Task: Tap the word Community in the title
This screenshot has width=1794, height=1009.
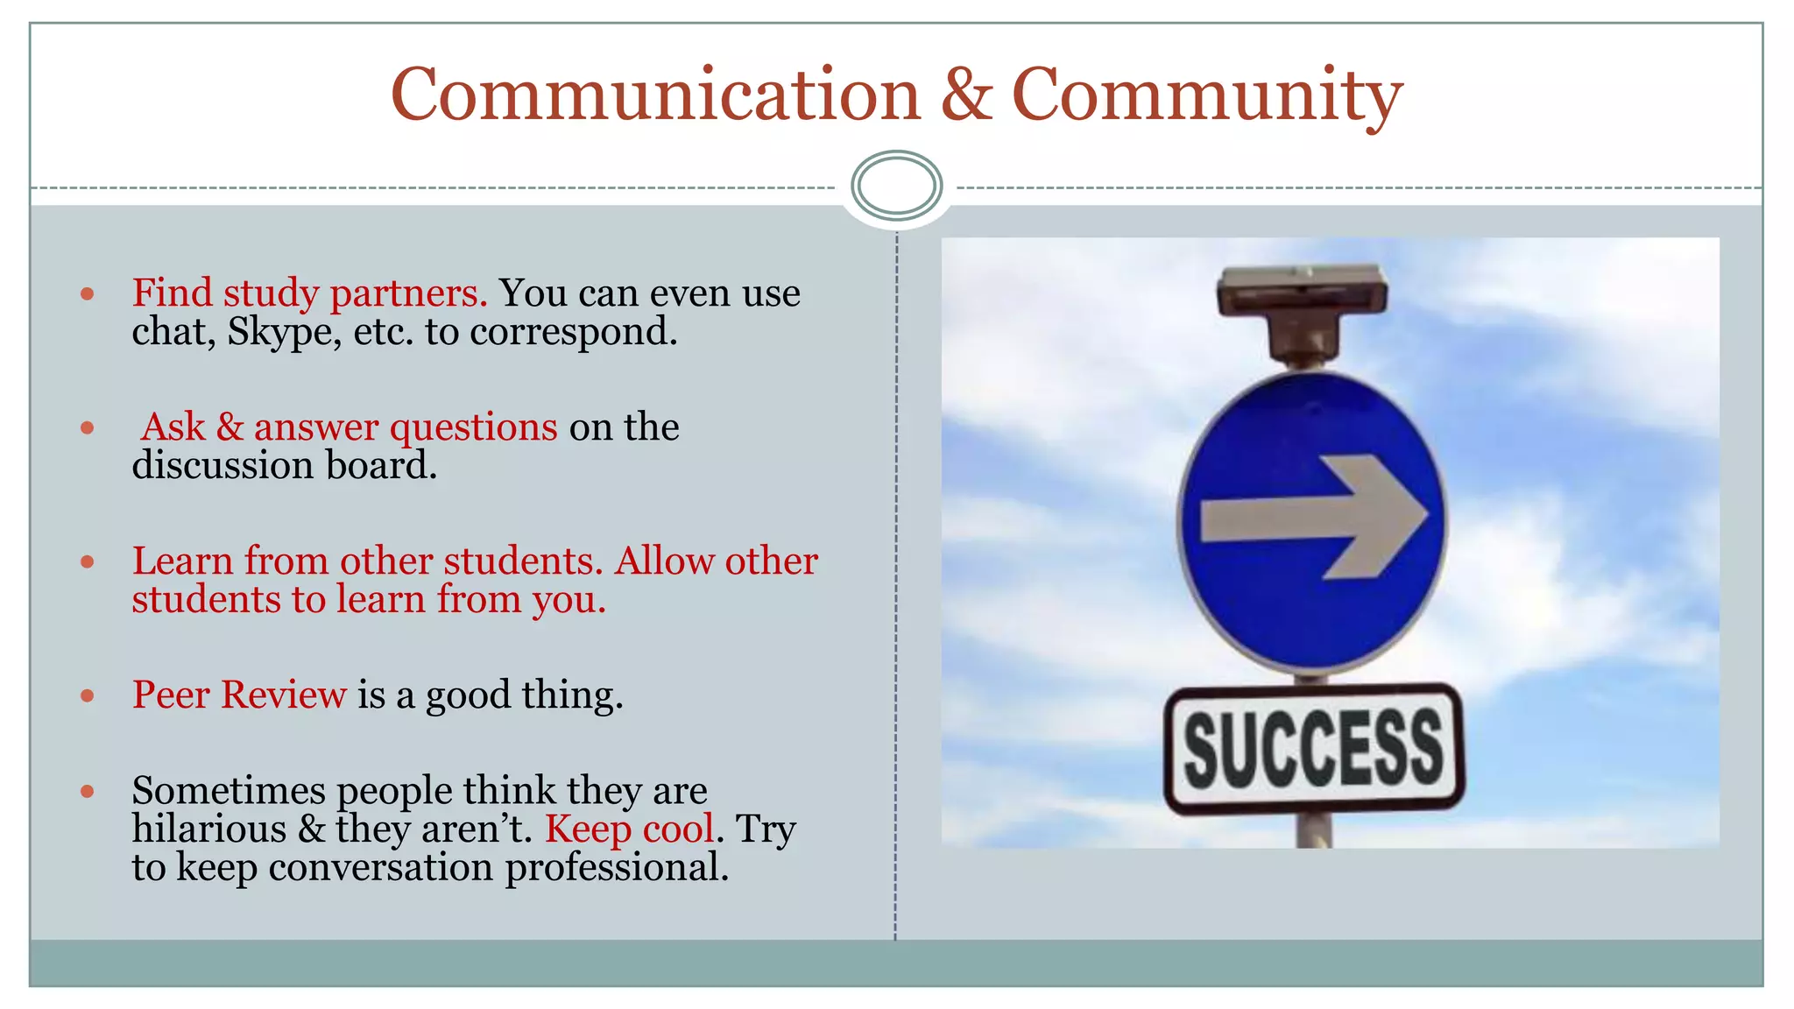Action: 1206,96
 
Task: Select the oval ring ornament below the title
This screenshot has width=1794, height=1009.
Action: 896,186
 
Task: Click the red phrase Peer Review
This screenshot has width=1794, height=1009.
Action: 239,695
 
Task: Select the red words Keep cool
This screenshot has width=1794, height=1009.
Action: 629,829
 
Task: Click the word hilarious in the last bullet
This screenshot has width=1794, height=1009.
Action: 209,829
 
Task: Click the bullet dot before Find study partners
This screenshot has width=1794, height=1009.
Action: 87,294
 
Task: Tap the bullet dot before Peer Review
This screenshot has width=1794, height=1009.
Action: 87,696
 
